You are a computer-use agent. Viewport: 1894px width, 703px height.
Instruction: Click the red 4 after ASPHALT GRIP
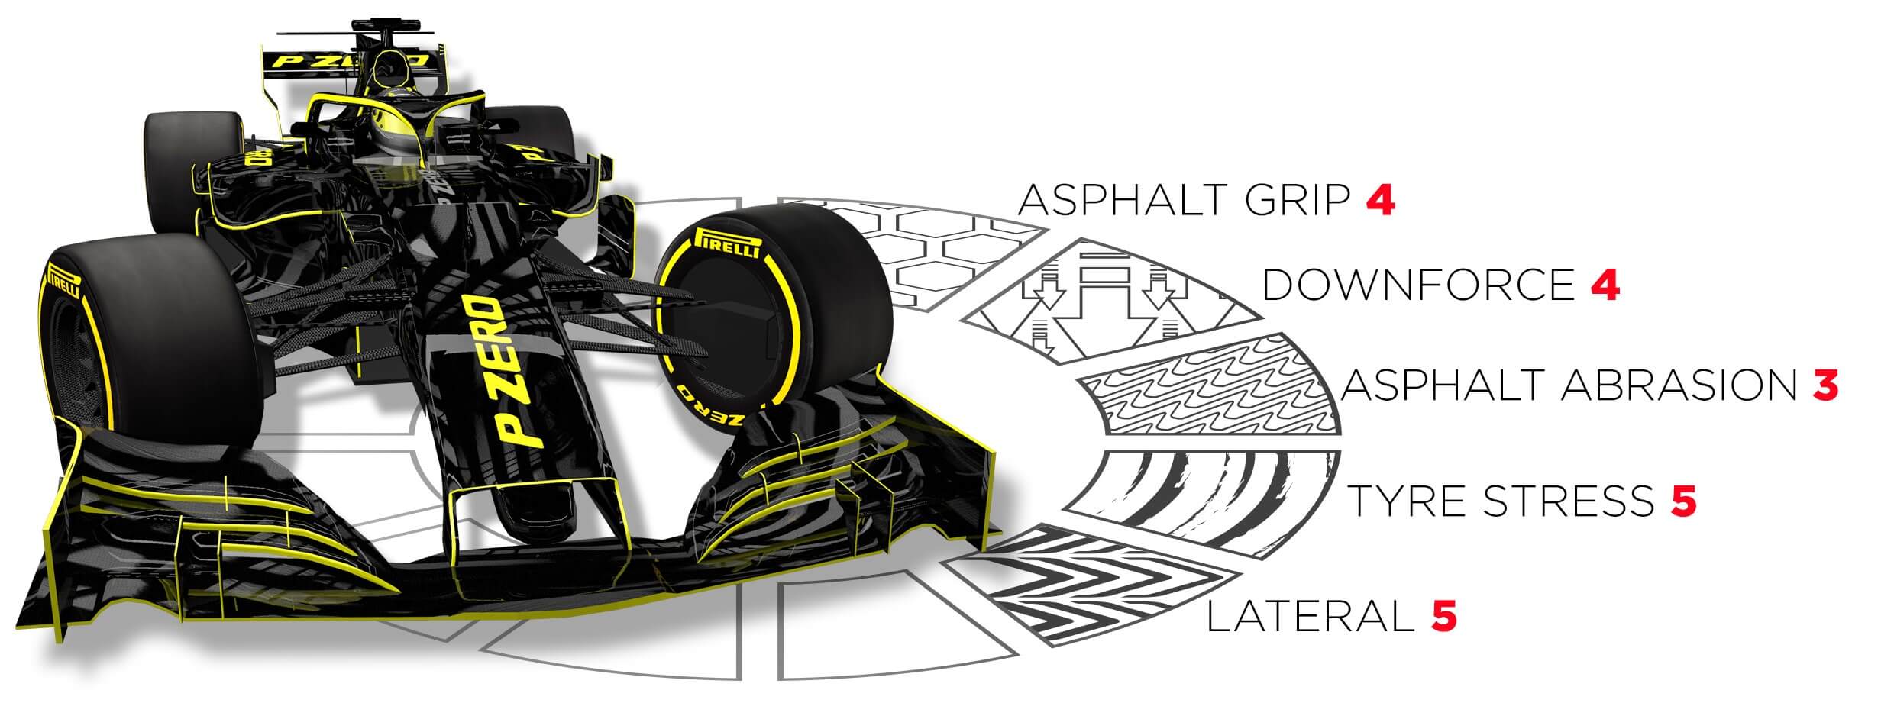point(1381,200)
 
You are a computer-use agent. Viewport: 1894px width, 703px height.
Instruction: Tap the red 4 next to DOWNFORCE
point(1605,284)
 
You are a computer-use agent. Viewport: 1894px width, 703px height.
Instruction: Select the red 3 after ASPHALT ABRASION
point(1825,385)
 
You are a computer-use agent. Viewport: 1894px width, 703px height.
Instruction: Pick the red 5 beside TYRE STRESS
point(1683,501)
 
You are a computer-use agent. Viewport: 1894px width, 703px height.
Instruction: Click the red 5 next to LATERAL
point(1443,616)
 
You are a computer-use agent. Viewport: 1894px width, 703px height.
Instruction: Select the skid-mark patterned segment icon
point(1222,500)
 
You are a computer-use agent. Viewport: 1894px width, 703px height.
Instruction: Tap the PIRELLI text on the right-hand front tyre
point(726,243)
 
